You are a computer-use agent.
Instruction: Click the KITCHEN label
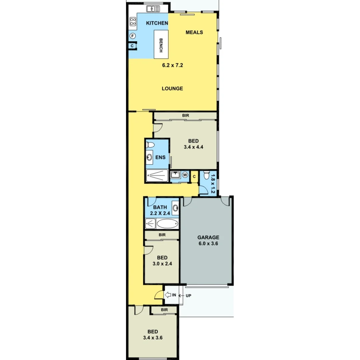point(157,23)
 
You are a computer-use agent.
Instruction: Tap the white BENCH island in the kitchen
point(161,44)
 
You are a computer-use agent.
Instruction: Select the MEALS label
point(194,32)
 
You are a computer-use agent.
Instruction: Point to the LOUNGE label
point(172,89)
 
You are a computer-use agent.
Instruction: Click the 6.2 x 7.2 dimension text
point(173,65)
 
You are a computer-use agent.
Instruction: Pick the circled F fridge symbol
point(132,36)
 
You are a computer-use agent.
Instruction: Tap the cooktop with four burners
point(133,22)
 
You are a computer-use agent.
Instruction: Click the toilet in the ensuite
point(150,145)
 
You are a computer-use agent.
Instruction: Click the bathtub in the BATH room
point(168,223)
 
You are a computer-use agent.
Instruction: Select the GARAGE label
point(208,237)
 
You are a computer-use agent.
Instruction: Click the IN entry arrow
point(168,295)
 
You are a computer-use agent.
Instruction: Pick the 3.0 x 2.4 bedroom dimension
point(162,264)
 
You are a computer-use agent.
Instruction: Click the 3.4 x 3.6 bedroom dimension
point(153,337)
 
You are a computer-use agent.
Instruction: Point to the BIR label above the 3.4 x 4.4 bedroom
point(186,115)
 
